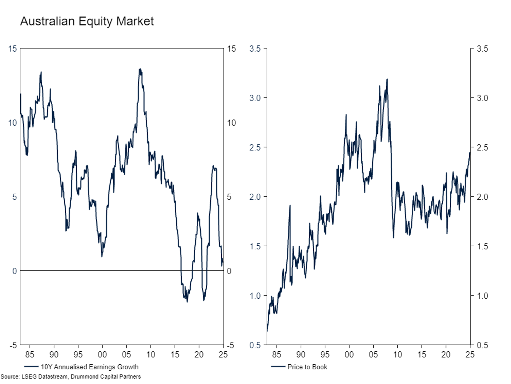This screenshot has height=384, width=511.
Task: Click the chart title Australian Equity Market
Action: click(87, 21)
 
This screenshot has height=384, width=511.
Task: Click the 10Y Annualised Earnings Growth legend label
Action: click(89, 367)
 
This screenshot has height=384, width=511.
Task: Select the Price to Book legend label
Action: click(307, 367)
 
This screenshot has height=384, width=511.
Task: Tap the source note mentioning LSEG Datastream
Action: click(71, 376)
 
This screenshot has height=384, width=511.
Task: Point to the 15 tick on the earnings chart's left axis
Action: click(13, 48)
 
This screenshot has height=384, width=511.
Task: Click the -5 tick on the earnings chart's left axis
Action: click(13, 345)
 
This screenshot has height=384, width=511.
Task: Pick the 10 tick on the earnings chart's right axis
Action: click(231, 123)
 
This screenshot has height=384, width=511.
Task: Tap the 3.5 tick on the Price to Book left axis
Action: click(255, 48)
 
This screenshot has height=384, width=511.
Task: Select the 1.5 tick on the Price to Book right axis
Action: click(482, 246)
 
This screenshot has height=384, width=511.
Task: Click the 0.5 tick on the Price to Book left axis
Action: click(255, 345)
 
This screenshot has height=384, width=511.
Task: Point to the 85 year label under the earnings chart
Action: click(30, 355)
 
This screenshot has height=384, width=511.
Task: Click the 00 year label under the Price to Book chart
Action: click(349, 355)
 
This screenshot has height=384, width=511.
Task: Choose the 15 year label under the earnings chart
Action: click(175, 355)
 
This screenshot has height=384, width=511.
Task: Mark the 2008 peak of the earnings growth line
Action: click(140, 69)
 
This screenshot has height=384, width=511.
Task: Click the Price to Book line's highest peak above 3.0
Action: click(387, 79)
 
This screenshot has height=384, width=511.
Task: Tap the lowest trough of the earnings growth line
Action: click(187, 302)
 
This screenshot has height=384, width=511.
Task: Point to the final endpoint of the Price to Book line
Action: click(469, 153)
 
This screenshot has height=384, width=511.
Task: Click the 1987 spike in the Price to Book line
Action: click(290, 205)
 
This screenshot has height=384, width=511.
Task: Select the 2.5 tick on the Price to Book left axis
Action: click(255, 147)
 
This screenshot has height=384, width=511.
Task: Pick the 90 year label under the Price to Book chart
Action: click(301, 355)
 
